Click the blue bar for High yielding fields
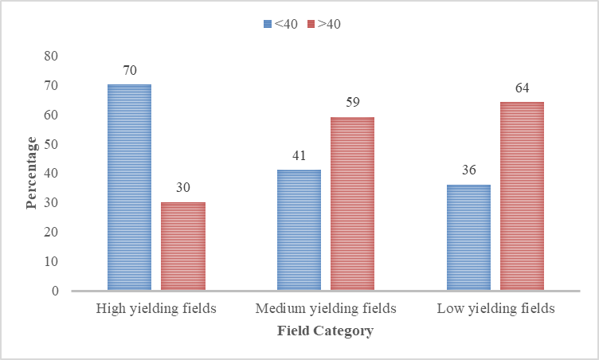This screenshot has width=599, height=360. point(129,187)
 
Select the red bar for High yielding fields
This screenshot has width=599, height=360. point(183,246)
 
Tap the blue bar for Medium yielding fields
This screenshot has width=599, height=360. point(299,230)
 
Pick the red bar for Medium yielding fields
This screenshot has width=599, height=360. point(353,204)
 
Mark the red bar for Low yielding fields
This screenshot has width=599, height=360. point(523,196)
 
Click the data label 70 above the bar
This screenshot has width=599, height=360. point(129,70)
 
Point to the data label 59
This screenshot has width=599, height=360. point(353,103)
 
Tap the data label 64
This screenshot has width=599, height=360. point(523,88)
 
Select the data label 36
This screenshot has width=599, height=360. point(468,170)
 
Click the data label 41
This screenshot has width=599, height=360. point(299,155)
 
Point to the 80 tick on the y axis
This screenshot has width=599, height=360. point(52,56)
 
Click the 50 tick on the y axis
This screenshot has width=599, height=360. point(52,144)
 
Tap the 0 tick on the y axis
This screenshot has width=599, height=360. point(55,291)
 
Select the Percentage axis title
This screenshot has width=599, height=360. point(32,173)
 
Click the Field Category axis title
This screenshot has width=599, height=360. point(325,331)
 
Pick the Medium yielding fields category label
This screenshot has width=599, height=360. point(326,308)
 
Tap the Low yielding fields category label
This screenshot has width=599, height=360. point(495,308)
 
